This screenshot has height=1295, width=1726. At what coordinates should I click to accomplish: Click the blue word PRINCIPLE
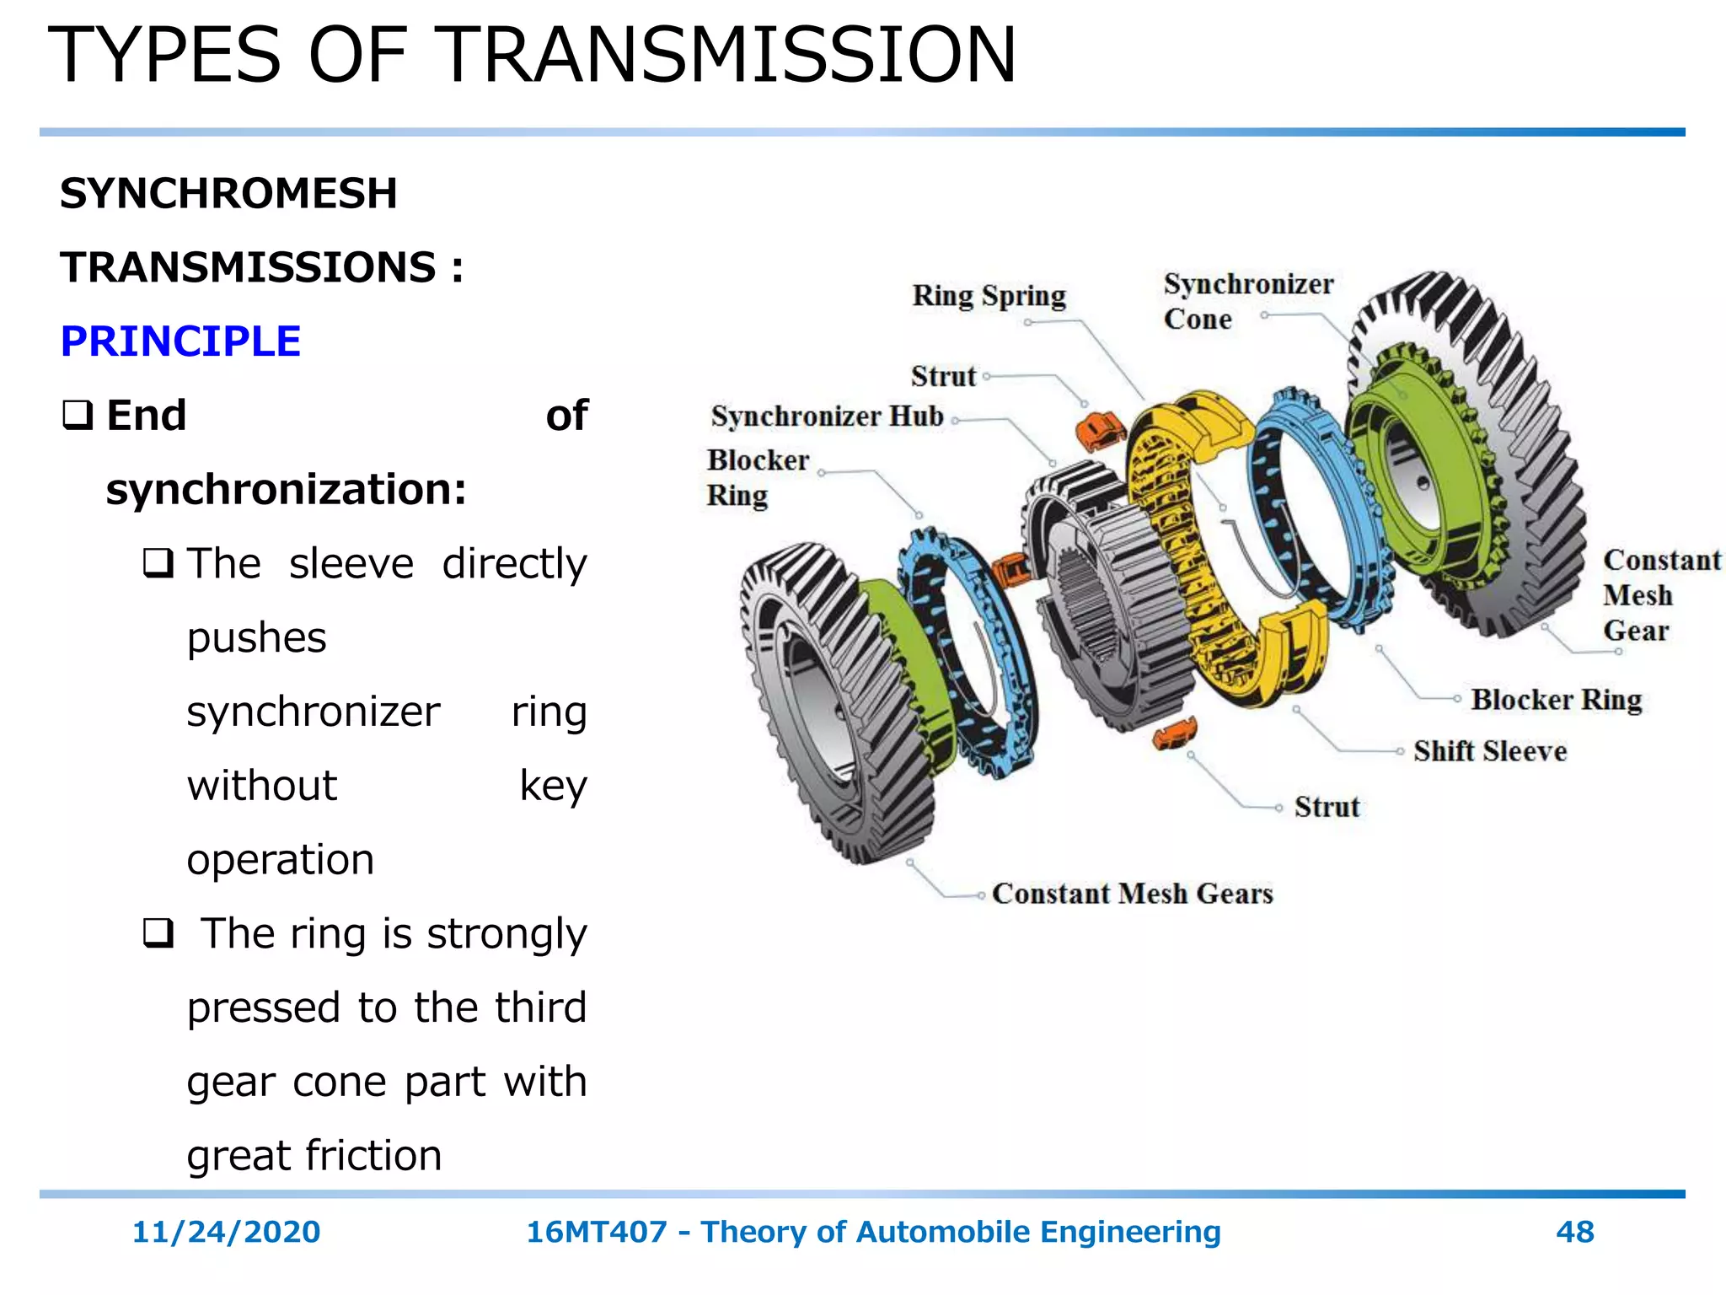(x=180, y=341)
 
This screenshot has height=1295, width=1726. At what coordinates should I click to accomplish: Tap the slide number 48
(x=1574, y=1232)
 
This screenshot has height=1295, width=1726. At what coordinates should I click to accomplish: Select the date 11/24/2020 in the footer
(x=226, y=1232)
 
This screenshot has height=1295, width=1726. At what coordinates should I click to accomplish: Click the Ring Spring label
(x=989, y=296)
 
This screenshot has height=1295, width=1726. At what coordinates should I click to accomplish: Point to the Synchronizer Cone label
(x=1247, y=301)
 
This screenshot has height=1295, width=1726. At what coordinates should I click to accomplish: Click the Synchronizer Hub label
(x=827, y=416)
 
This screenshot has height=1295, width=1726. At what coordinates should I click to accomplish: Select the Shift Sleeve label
(x=1490, y=751)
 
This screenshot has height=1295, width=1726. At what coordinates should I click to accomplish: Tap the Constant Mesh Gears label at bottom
(x=1132, y=894)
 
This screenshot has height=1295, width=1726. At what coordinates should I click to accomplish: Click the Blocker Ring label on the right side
(x=1557, y=700)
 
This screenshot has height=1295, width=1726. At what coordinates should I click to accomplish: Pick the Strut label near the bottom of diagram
(x=1327, y=807)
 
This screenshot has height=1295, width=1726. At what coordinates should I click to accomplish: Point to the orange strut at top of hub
(x=1098, y=429)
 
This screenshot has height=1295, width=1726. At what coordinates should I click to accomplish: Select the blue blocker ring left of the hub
(x=969, y=649)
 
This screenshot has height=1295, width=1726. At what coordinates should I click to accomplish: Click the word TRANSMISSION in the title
(x=729, y=56)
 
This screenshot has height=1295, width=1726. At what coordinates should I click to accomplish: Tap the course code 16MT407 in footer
(x=597, y=1232)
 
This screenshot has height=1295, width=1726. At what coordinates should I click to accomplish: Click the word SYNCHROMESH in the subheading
(x=228, y=193)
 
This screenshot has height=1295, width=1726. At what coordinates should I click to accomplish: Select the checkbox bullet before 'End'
(x=78, y=415)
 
